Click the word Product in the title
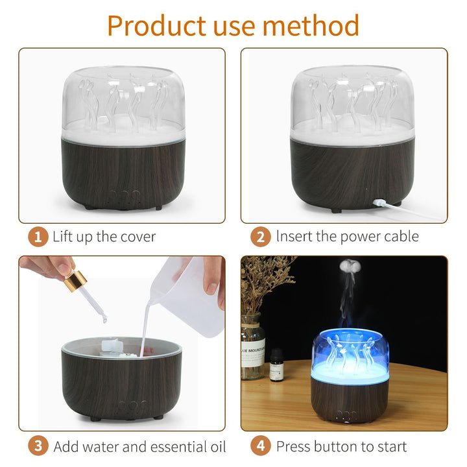[157, 26]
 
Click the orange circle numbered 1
[38, 237]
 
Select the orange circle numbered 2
[261, 237]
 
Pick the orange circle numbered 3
[38, 446]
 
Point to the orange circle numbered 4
[261, 446]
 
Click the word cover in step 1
[138, 237]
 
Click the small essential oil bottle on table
[277, 365]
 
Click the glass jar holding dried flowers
[252, 346]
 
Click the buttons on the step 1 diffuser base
[124, 196]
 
